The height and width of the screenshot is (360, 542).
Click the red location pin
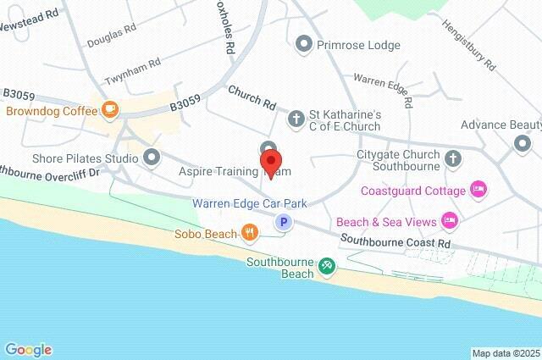(x=270, y=160)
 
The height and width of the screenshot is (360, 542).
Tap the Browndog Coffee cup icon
(x=109, y=109)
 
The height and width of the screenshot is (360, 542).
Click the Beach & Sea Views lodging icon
(x=450, y=221)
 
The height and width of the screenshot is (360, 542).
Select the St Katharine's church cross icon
(x=296, y=119)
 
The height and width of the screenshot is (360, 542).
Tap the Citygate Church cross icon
(x=453, y=157)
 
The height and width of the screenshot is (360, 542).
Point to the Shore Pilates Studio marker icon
(x=152, y=157)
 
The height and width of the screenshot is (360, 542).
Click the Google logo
(x=28, y=349)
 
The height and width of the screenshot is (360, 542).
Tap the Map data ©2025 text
(x=505, y=353)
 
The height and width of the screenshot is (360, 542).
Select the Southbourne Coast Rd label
(x=395, y=242)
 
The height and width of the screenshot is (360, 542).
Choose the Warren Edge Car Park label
(x=250, y=203)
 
